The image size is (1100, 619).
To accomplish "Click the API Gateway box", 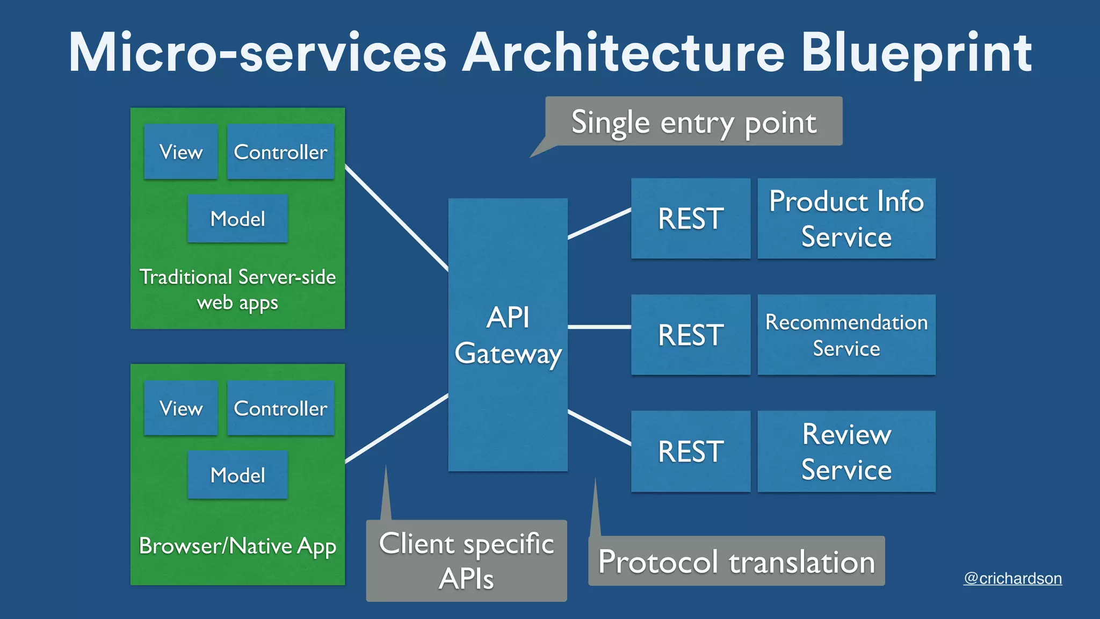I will point(508,335).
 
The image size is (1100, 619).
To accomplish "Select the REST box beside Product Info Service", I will point(690,219).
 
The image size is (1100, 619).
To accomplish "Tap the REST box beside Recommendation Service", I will point(690,335).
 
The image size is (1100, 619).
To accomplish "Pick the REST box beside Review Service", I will point(690,451).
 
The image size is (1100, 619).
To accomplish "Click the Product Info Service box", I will point(846,219).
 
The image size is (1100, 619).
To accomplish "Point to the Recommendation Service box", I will point(846,335).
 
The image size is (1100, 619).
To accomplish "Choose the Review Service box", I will point(846,451).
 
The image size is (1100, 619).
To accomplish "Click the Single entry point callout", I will point(693,121).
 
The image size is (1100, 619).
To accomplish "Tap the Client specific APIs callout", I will point(466,560).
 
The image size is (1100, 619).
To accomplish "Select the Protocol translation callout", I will point(736,562).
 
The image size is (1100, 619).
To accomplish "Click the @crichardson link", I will point(1012,578).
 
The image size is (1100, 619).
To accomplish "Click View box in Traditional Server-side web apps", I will point(181,152).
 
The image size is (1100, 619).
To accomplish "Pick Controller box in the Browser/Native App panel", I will point(280,408).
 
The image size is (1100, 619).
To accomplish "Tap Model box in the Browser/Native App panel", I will point(237,475).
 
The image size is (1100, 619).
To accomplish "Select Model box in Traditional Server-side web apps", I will point(237,219).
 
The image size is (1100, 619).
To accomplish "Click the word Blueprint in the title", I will point(916,53).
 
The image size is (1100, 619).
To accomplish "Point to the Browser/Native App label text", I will point(237,546).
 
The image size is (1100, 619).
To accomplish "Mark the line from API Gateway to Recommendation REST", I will point(599,327).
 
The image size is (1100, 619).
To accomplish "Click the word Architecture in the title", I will point(623,53).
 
